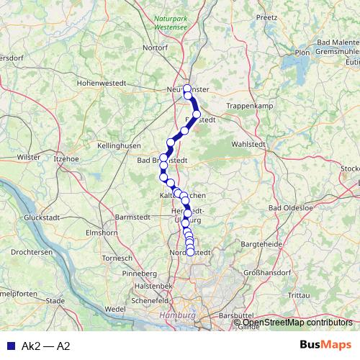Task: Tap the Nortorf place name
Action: pos(155,48)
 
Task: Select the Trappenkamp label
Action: pos(248,106)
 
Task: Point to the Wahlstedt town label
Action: pos(249,144)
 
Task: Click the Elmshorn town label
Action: pos(101,233)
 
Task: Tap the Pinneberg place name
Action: pos(140,274)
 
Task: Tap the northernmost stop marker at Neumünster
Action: pos(187,89)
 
